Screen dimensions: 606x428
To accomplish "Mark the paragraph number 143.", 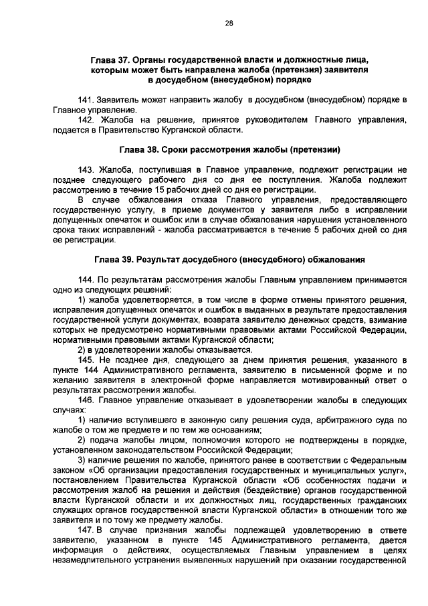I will point(87,171).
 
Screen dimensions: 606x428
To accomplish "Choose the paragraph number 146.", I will point(87,400).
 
